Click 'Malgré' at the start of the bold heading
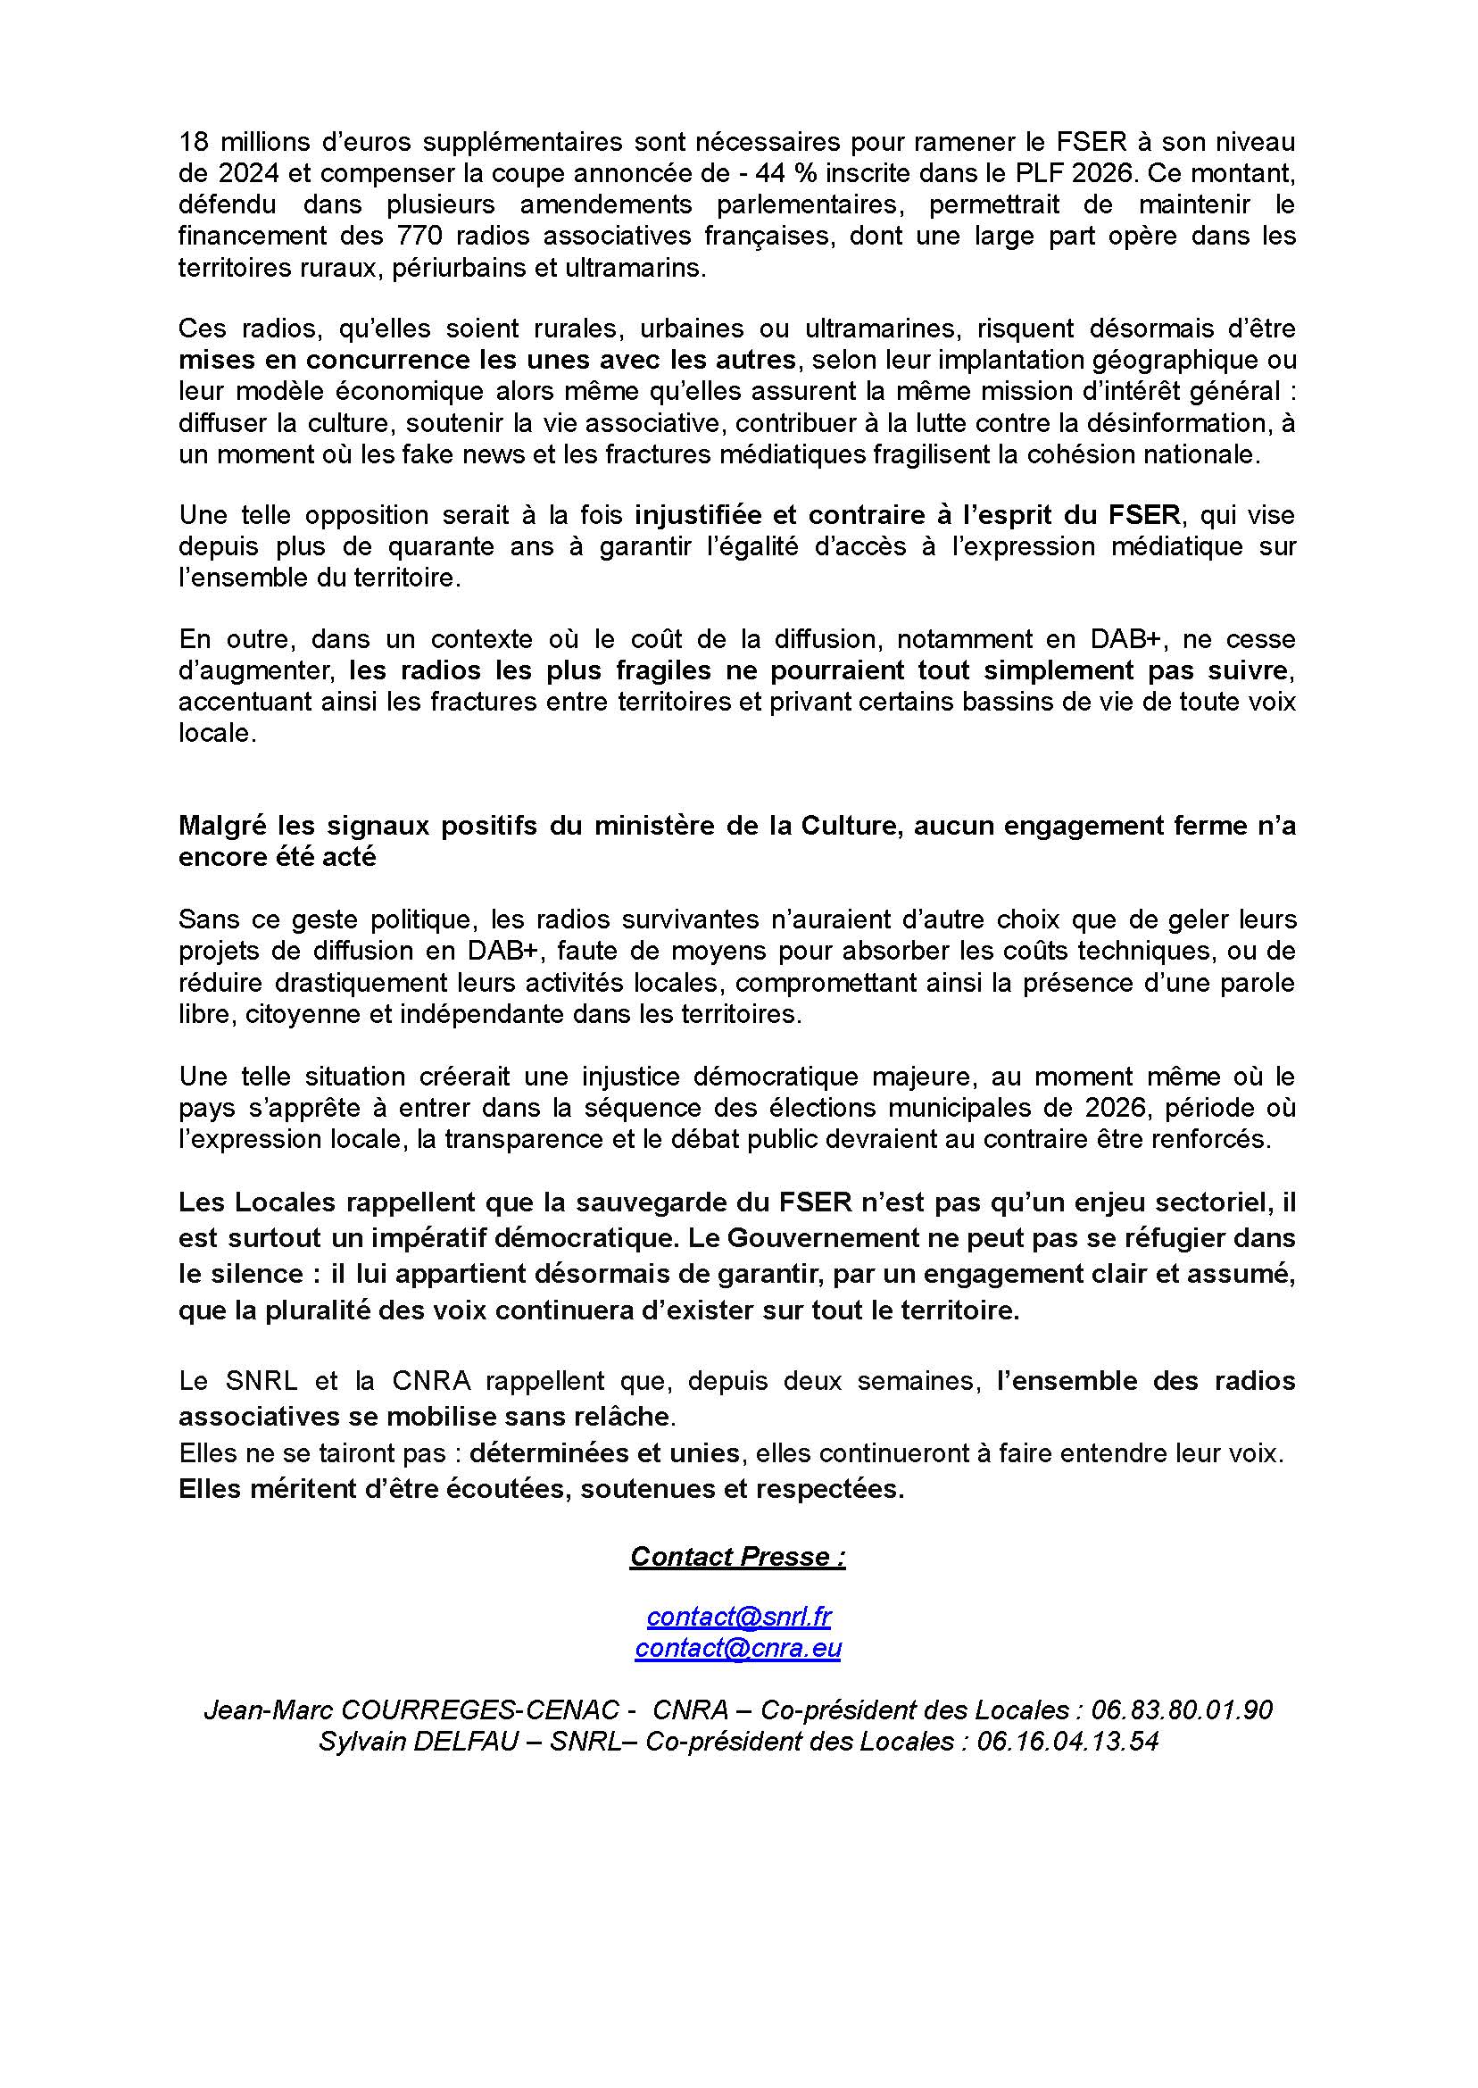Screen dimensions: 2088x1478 215,825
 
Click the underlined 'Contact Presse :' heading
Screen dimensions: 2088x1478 737,1556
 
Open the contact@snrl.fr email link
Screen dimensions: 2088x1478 738,1618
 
